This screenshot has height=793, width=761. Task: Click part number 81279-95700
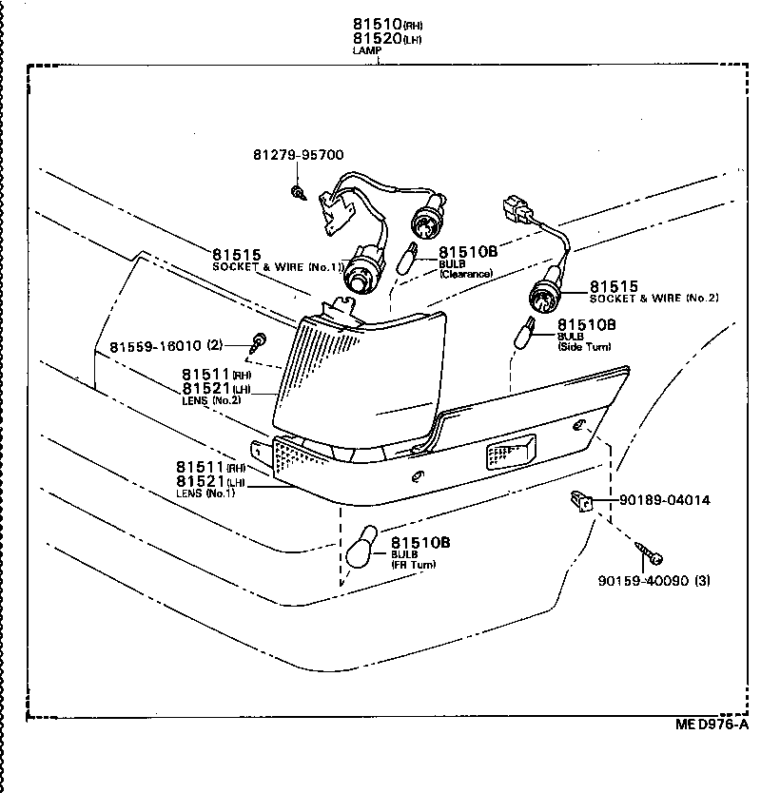298,155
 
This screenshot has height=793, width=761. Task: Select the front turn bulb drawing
361,549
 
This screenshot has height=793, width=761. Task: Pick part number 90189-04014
664,500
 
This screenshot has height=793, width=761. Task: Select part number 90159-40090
643,581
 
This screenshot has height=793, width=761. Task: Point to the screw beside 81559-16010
258,341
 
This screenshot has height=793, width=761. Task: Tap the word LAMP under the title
365,49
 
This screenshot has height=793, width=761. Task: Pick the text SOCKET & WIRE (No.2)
654,299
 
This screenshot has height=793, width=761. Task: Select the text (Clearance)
465,274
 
